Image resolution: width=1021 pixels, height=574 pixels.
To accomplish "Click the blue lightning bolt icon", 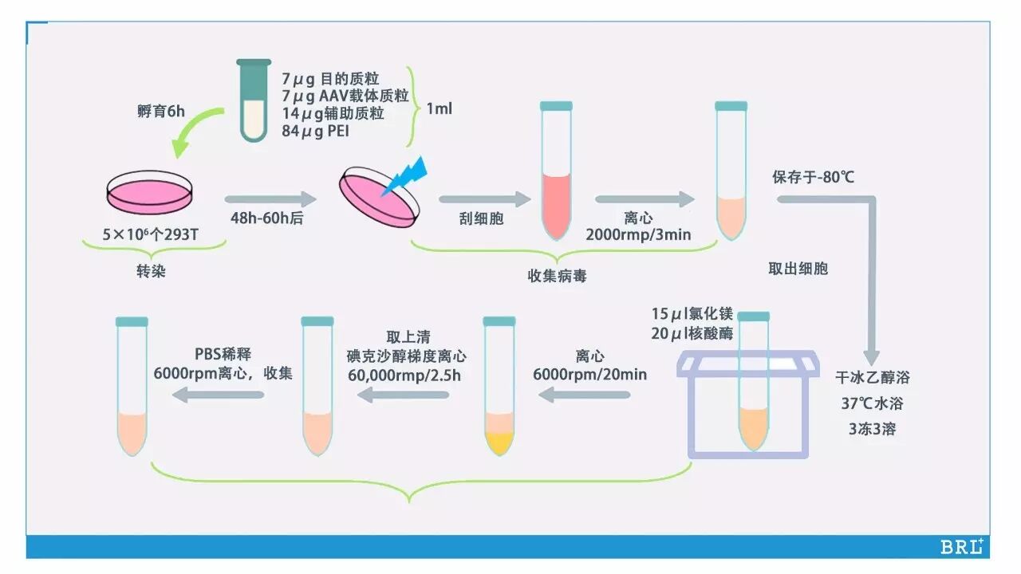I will pyautogui.click(x=408, y=177).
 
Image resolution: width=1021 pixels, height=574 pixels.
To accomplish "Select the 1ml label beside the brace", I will pyautogui.click(x=439, y=108).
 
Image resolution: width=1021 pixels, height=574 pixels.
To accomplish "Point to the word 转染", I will pyautogui.click(x=151, y=271).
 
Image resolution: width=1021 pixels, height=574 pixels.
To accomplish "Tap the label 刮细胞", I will pyautogui.click(x=483, y=218).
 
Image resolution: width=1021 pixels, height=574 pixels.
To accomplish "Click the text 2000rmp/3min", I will pyautogui.click(x=638, y=234).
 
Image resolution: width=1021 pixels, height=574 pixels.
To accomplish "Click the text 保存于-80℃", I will pyautogui.click(x=813, y=177).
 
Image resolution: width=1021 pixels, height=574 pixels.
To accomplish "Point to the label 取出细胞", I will pyautogui.click(x=798, y=269).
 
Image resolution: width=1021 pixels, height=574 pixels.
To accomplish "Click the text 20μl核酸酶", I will pyautogui.click(x=692, y=334).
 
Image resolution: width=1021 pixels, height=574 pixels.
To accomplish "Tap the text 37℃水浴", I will pyautogui.click(x=872, y=403).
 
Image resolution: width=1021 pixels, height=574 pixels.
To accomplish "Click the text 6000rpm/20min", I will pyautogui.click(x=589, y=374).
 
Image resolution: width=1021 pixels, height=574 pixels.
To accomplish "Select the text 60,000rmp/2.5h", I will pyautogui.click(x=404, y=374).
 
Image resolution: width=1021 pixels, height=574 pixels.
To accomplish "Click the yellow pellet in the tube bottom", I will pyautogui.click(x=499, y=442).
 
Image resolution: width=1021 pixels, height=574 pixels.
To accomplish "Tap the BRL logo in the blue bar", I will pyautogui.click(x=961, y=547).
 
